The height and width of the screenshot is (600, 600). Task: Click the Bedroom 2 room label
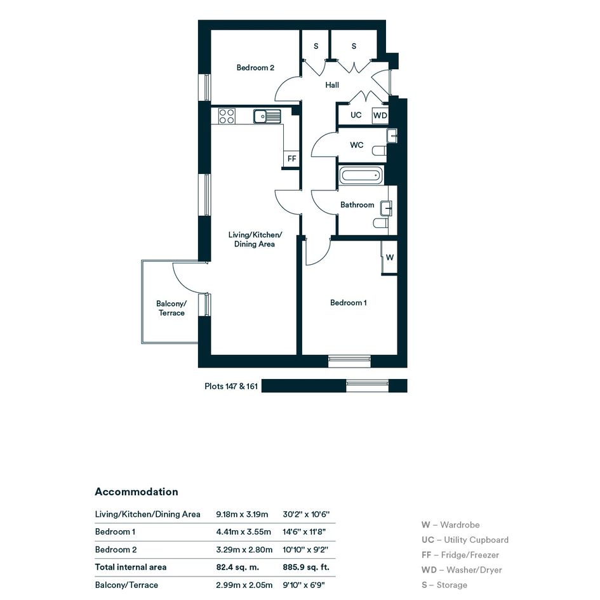pyautogui.click(x=255, y=68)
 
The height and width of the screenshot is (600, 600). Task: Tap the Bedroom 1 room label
pyautogui.click(x=348, y=303)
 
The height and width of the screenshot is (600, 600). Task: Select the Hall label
pyautogui.click(x=332, y=85)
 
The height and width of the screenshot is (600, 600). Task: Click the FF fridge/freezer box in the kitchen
pyautogui.click(x=291, y=159)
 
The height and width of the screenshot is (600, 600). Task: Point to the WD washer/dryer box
pyautogui.click(x=380, y=115)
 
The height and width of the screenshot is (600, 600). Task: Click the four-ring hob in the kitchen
pyautogui.click(x=227, y=116)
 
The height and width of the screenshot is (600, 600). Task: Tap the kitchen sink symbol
pyautogui.click(x=267, y=116)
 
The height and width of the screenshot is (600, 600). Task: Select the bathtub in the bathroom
pyautogui.click(x=361, y=176)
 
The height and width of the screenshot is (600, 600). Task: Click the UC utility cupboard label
pyautogui.click(x=356, y=115)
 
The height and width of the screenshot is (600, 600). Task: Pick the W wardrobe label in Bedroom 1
pyautogui.click(x=390, y=257)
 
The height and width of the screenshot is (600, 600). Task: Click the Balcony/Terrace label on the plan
pyautogui.click(x=171, y=308)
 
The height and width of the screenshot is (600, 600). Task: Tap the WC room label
pyautogui.click(x=357, y=145)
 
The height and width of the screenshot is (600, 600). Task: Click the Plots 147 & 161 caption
pyautogui.click(x=231, y=386)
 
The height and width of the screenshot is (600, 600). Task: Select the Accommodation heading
pyautogui.click(x=137, y=491)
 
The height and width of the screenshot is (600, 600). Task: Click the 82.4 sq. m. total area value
pyautogui.click(x=237, y=567)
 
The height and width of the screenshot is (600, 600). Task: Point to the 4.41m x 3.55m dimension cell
pyautogui.click(x=243, y=531)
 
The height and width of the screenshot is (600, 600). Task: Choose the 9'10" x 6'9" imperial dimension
pyautogui.click(x=304, y=585)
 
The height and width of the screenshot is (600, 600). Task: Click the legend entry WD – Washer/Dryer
pyautogui.click(x=462, y=570)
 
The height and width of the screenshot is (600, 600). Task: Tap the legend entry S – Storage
pyautogui.click(x=444, y=585)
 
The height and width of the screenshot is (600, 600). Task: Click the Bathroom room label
pyautogui.click(x=357, y=204)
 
